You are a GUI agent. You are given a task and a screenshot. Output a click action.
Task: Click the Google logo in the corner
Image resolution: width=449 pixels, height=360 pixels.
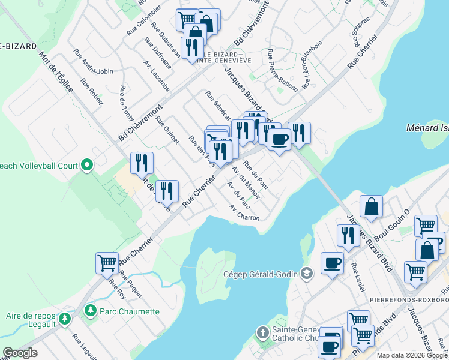coord(20,353)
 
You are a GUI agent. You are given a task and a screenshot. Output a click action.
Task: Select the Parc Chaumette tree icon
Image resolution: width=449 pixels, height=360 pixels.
coord(91,311)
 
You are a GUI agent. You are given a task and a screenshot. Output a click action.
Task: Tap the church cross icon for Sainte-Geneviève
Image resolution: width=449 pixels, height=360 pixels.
coord(262,332)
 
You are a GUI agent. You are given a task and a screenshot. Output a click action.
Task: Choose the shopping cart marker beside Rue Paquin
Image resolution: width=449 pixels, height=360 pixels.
coord(107,263)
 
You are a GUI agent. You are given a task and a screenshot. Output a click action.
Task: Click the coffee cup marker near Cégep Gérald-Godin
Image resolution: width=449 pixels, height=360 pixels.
coord(332,263)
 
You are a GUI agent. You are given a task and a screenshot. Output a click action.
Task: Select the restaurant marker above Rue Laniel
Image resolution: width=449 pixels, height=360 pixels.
coord(349,235)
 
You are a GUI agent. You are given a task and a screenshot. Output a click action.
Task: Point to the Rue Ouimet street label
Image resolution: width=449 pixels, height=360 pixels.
coord(167,130)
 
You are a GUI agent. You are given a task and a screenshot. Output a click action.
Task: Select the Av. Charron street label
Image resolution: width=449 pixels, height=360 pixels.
coord(244,212)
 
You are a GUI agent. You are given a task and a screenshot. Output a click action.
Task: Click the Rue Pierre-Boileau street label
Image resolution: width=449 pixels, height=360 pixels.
coord(282,70)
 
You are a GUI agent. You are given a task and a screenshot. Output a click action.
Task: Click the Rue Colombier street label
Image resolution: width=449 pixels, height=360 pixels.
coord(144,19)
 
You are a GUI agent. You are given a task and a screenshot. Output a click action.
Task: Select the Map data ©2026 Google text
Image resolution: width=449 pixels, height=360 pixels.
coord(412,355)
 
